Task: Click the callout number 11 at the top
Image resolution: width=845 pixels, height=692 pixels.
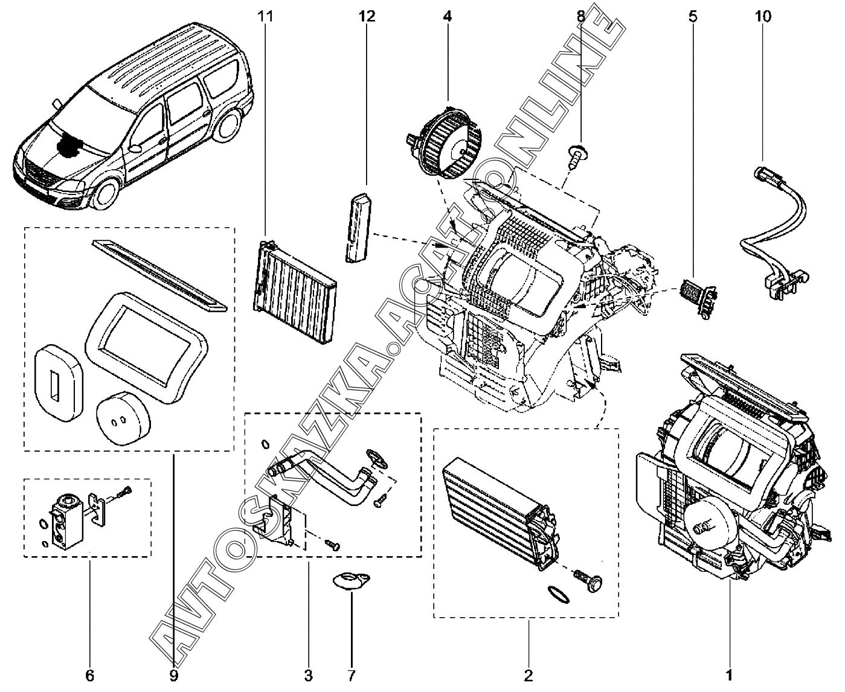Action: pos(265,16)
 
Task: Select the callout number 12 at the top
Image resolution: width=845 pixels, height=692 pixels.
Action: pos(367,16)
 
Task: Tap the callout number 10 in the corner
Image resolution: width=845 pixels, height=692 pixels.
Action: pos(763,16)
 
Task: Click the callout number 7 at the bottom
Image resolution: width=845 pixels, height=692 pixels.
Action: pos(352,674)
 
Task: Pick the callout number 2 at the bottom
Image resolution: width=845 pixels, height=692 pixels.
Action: pos(528,674)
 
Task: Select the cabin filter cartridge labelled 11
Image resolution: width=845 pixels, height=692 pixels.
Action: pos(294,275)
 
